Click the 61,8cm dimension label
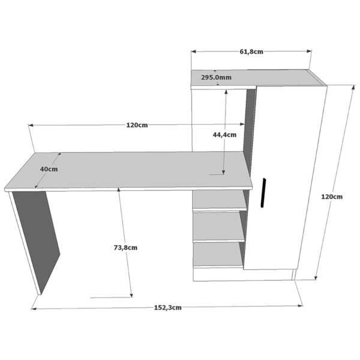point(251,52)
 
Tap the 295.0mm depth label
point(216,77)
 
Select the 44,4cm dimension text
point(224,135)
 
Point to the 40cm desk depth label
point(49,169)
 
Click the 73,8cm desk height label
point(125,248)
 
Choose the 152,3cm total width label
point(167,308)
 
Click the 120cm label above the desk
point(137,125)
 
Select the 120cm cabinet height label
point(332,197)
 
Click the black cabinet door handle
point(263,193)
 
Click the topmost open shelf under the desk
point(220,200)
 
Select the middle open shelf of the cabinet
point(218,227)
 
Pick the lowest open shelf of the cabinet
point(218,255)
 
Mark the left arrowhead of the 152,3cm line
point(34,309)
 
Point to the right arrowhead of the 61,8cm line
point(309,51)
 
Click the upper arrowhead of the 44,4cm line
point(226,92)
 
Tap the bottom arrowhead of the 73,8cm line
point(131,295)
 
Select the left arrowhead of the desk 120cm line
point(31,125)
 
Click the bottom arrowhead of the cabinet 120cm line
point(316,277)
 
